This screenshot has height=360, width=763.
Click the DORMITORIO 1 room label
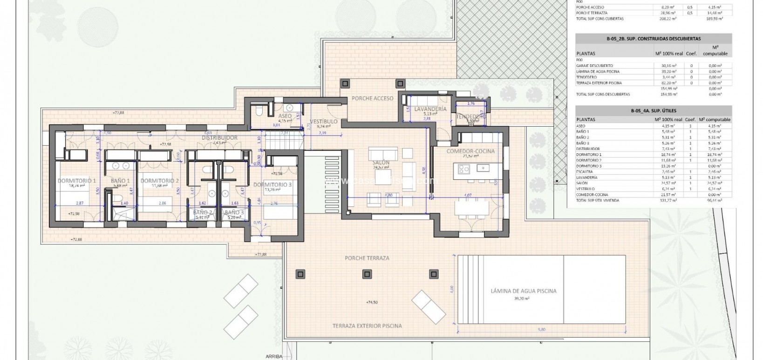click(76, 181)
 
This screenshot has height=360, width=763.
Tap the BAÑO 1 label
click(120, 181)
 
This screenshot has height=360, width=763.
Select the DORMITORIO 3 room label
click(272, 184)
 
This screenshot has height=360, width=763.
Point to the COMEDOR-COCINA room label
click(470, 151)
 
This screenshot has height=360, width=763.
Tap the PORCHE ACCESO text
click(373, 98)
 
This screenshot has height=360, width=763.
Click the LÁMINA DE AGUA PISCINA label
click(524, 291)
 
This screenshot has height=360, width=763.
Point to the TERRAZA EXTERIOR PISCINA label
click(367, 326)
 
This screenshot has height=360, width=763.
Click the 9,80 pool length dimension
click(541, 329)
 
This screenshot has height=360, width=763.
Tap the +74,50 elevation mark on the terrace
click(371, 302)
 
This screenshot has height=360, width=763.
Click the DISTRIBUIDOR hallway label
click(219, 138)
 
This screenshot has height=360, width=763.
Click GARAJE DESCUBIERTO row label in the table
click(594, 66)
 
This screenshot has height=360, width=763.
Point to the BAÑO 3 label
click(234, 212)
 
